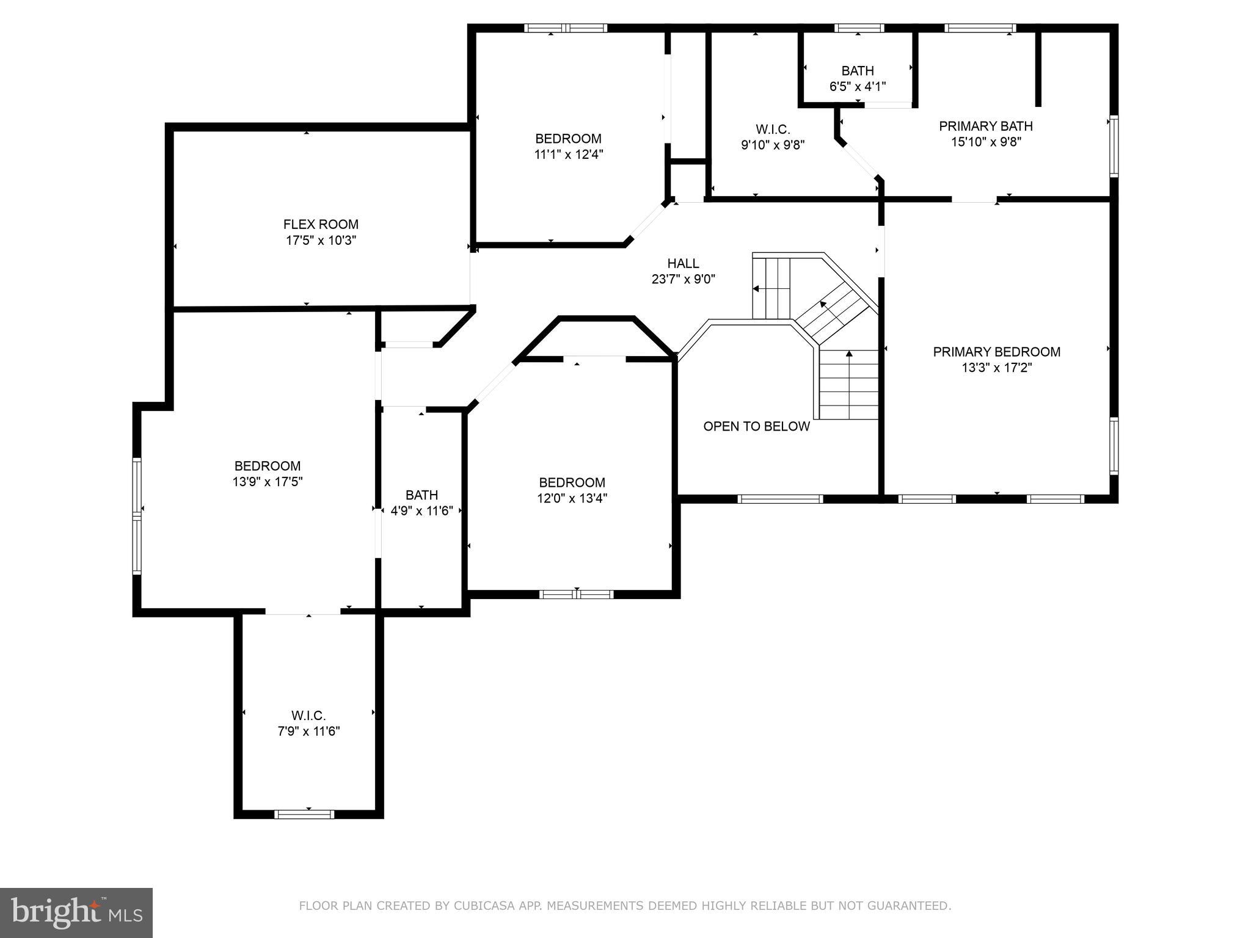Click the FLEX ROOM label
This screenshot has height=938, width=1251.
tap(321, 224)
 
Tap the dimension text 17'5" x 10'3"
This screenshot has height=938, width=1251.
tap(321, 240)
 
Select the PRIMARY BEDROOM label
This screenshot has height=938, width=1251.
tap(996, 352)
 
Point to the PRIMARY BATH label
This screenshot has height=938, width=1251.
tap(985, 126)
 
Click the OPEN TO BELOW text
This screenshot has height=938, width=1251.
tap(756, 426)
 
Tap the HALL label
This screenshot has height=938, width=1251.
tap(683, 263)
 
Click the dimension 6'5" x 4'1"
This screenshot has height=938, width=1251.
tap(857, 87)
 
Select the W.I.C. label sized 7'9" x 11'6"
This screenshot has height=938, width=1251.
tap(308, 715)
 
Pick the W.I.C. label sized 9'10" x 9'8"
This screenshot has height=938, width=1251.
tap(773, 129)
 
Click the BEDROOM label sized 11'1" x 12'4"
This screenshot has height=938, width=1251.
tap(568, 139)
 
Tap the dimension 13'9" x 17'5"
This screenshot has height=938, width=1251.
tap(268, 482)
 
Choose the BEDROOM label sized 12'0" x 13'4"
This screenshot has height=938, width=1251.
tap(572, 482)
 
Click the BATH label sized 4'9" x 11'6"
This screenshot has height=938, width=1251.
tap(421, 495)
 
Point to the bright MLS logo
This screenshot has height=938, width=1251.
tap(76, 912)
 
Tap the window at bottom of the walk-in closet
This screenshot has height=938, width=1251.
tap(304, 814)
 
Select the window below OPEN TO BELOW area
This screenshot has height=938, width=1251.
tap(780, 499)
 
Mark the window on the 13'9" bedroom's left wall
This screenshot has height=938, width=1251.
tap(137, 516)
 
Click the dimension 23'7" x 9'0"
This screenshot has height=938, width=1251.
tap(683, 280)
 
